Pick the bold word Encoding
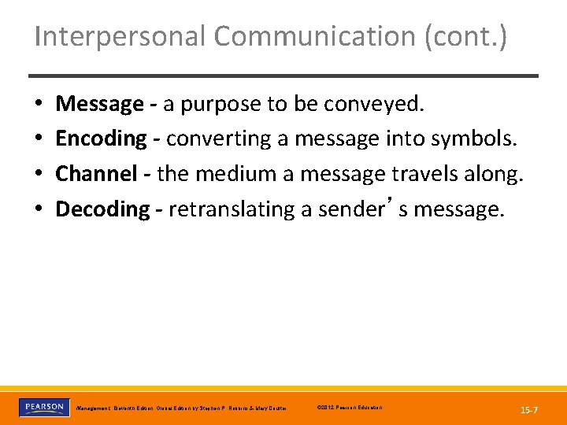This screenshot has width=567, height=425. [x=101, y=139]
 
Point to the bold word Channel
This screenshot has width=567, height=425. [x=97, y=174]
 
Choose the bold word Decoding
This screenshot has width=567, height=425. [x=102, y=209]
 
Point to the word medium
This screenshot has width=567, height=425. [x=237, y=174]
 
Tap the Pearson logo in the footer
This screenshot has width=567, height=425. [x=44, y=407]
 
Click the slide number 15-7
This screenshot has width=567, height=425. [x=529, y=410]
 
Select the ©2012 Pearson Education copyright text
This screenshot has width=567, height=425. [x=349, y=408]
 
